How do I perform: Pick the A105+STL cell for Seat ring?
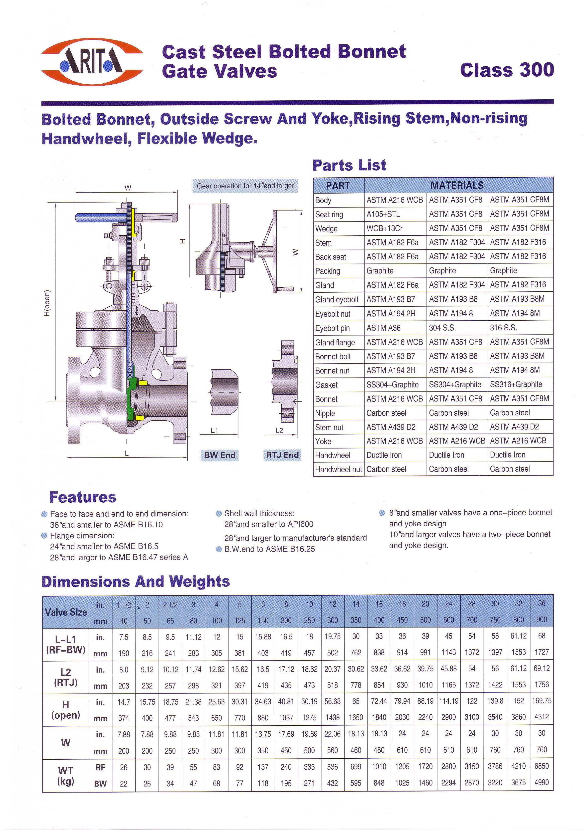(x=383, y=214)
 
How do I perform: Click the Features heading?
(x=83, y=497)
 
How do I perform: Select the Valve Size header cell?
(x=66, y=612)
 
